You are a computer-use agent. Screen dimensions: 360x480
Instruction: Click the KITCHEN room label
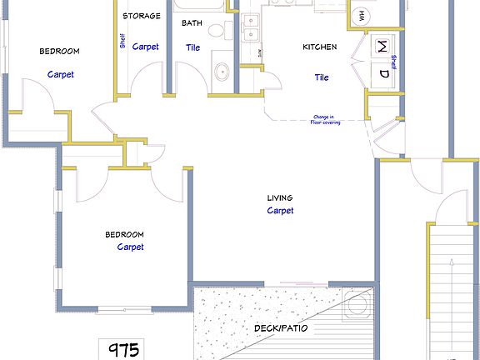pos(319,47)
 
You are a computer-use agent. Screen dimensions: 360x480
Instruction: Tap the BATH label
pos(192,22)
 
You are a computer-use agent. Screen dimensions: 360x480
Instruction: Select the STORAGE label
pos(142,16)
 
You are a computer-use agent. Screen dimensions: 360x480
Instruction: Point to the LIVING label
pos(280,197)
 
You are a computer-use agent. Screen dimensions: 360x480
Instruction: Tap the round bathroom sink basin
pos(222,72)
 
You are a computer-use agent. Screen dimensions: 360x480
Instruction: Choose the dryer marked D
pos(383,73)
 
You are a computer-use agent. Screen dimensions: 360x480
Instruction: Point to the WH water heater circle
pos(362,14)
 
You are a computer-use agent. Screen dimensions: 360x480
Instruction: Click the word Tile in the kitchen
pos(322,77)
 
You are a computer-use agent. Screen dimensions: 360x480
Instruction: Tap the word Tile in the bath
pos(192,47)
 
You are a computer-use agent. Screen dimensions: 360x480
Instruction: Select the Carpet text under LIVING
pos(280,211)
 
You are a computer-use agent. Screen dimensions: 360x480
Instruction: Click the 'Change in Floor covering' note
pos(327,119)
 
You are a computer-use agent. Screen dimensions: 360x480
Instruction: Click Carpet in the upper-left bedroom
pos(60,74)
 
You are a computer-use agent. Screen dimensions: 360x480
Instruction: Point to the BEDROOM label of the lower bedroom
pos(124,234)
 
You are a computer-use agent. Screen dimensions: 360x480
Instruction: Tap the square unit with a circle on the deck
pos(357,303)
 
